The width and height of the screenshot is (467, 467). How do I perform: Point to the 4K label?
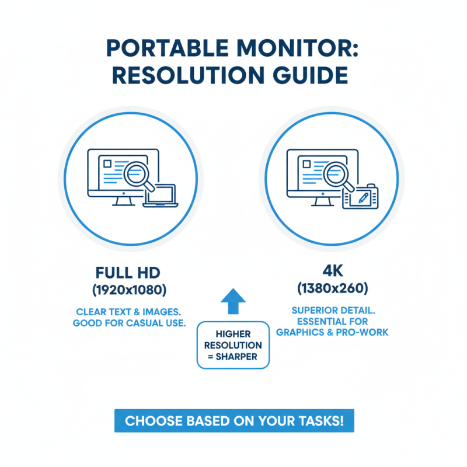click(332, 270)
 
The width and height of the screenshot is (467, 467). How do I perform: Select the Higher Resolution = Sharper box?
click(233, 344)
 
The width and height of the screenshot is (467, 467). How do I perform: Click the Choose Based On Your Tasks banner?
click(233, 421)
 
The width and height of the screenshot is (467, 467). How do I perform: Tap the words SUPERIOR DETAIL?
click(332, 309)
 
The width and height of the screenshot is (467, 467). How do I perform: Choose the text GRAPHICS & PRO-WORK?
click(332, 332)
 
